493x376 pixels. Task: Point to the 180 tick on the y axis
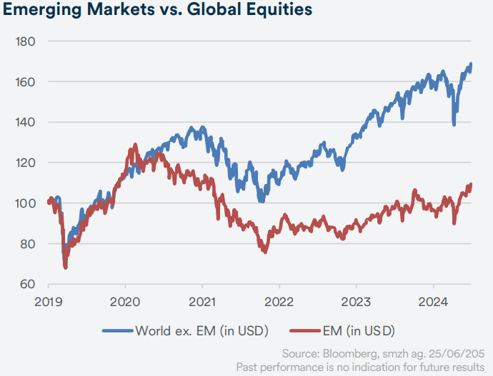tap(27, 41)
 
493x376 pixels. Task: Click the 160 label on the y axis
tap(27, 82)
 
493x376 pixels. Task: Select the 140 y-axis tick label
tap(27, 123)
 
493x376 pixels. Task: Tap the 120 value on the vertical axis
tap(27, 163)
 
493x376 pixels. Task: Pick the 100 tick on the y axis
tap(27, 204)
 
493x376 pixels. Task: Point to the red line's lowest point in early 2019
tap(65, 268)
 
